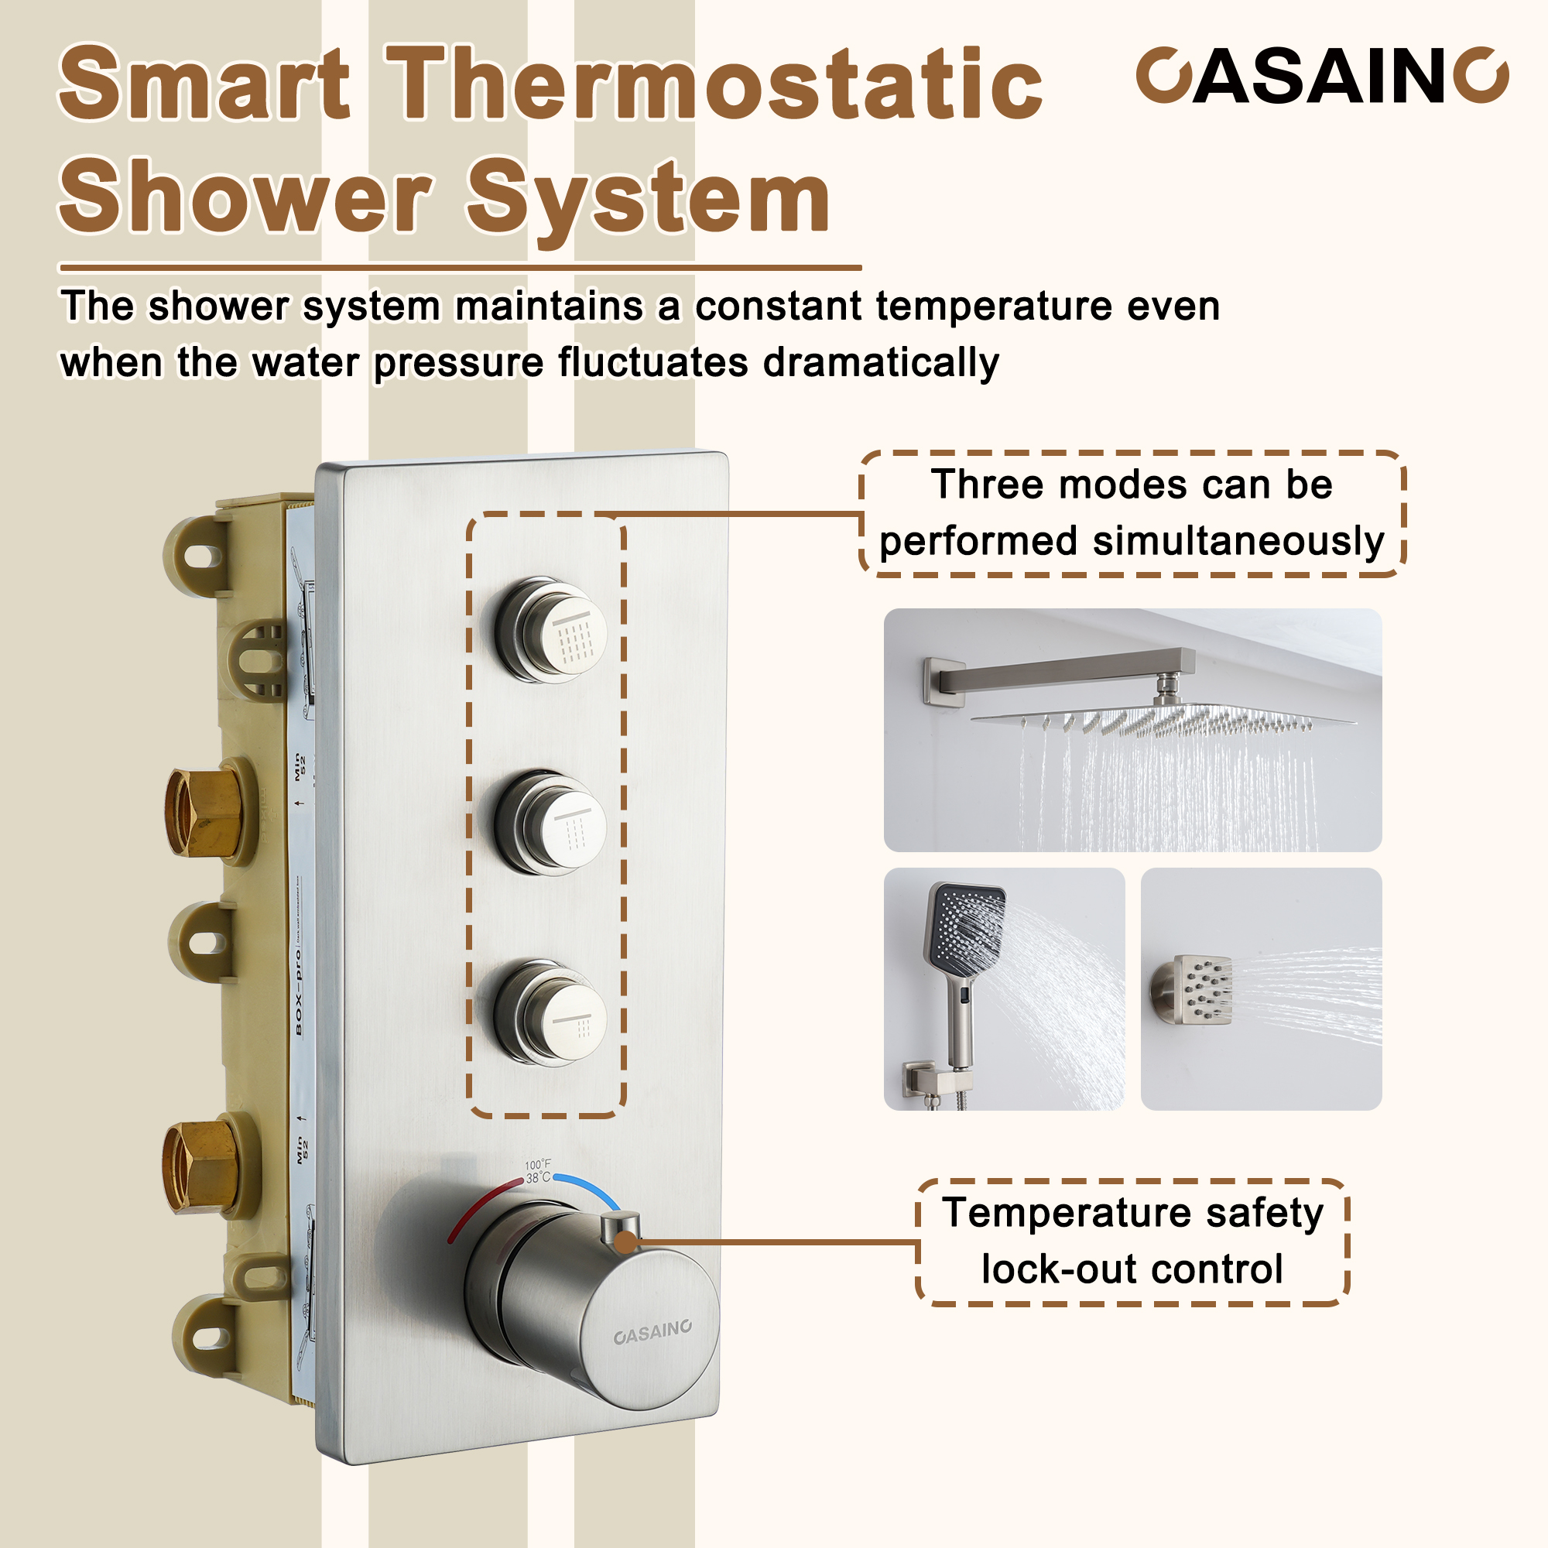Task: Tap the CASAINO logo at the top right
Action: [1321, 76]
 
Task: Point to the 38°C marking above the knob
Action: [538, 1177]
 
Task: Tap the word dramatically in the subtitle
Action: [881, 362]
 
